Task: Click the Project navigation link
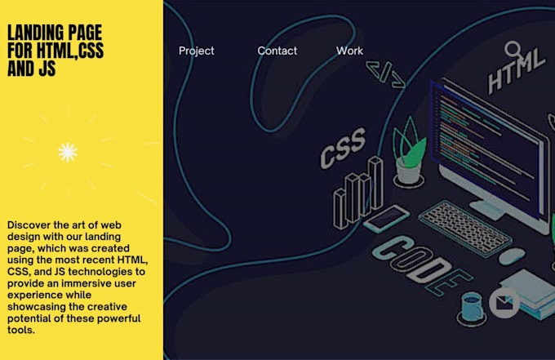[x=197, y=51]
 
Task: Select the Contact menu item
[x=277, y=51]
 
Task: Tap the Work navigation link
[x=349, y=51]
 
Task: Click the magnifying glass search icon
[x=513, y=49]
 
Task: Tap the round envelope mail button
[x=504, y=303]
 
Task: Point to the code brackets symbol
[x=385, y=74]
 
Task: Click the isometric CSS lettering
[x=343, y=148]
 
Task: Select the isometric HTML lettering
[x=516, y=71]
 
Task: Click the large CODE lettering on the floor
[x=421, y=264]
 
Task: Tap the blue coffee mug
[x=473, y=307]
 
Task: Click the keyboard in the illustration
[x=465, y=227]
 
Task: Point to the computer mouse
[x=512, y=256]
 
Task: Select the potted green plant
[x=409, y=153]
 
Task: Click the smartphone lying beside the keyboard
[x=387, y=218]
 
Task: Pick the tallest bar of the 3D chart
[x=375, y=183]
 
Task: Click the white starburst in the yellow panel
[x=68, y=152]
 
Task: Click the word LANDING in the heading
[x=35, y=33]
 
